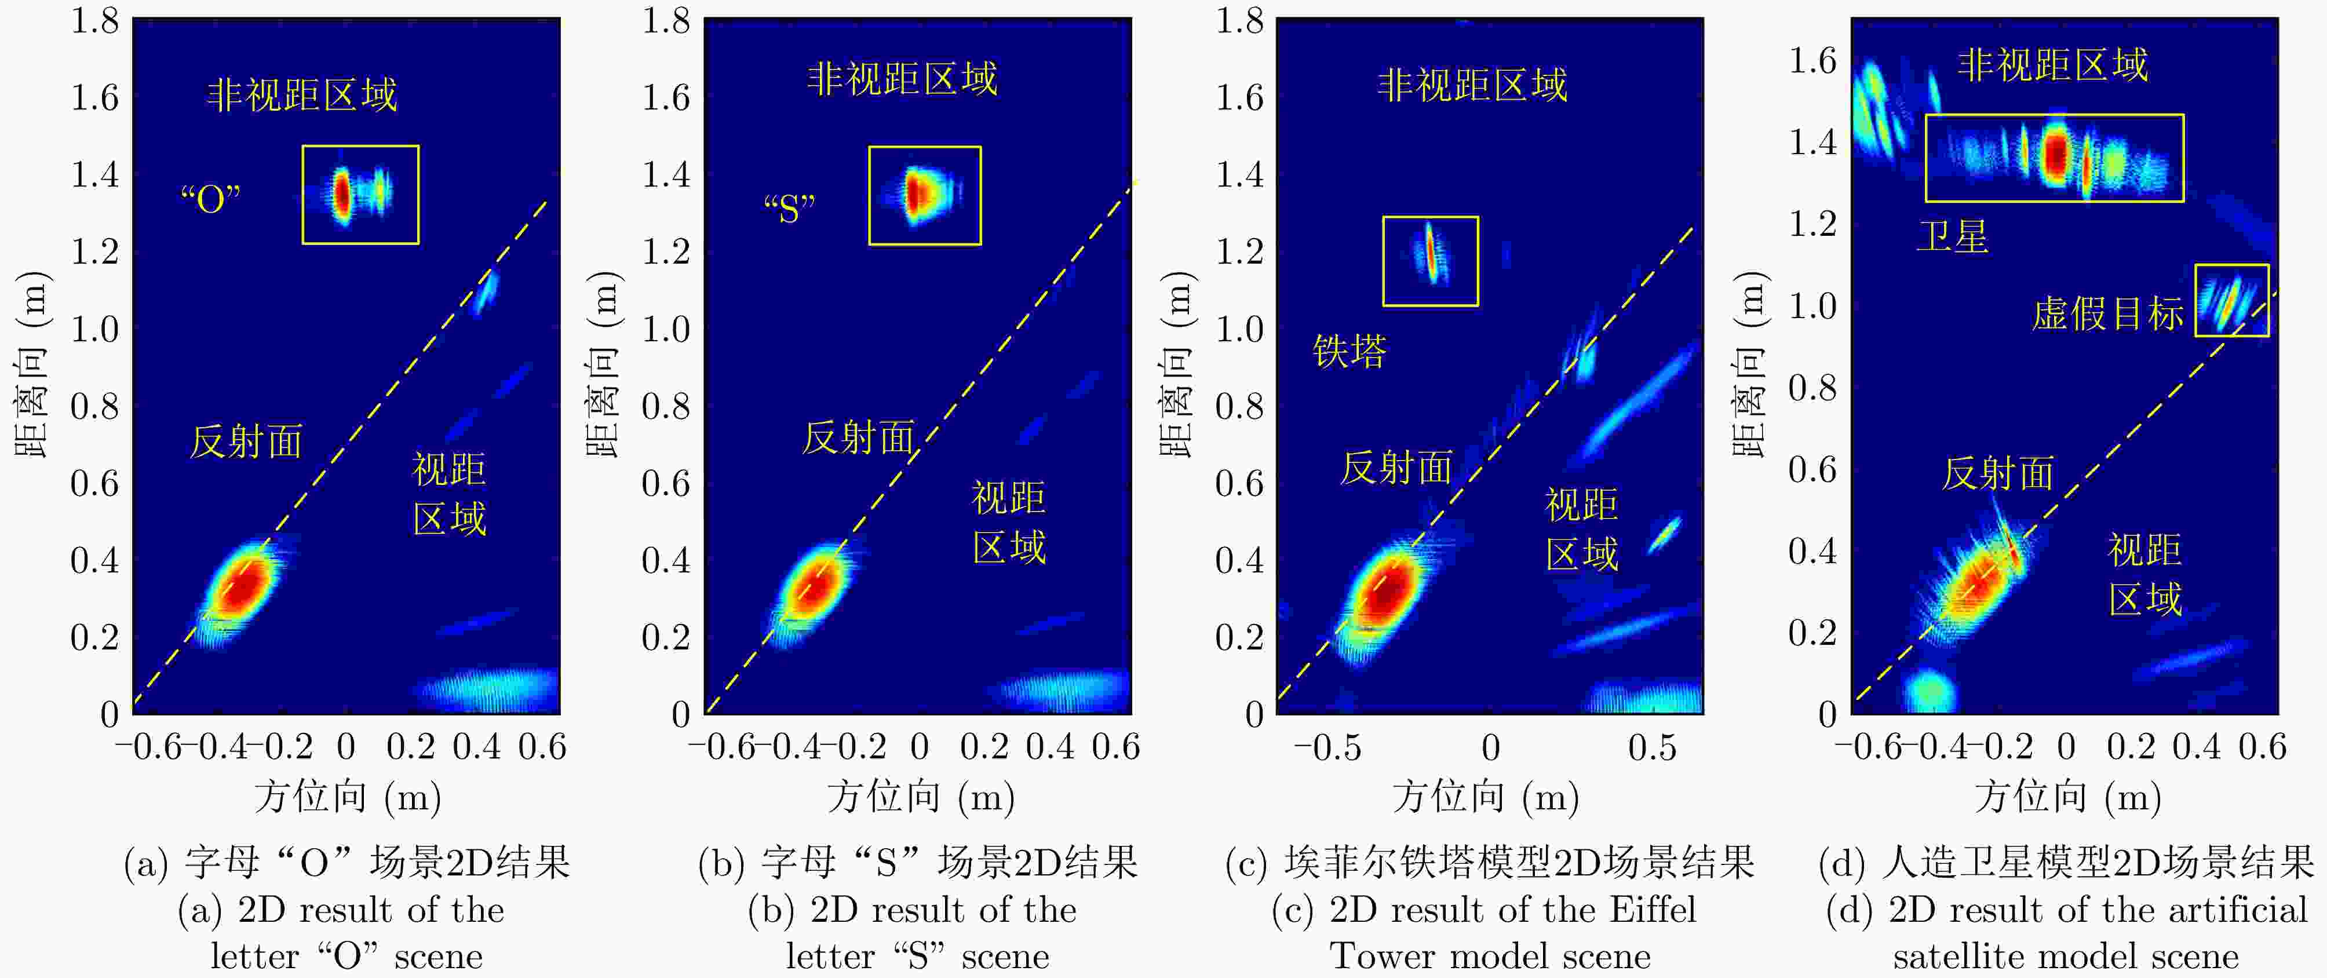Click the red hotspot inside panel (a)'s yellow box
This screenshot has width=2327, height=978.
[x=341, y=194]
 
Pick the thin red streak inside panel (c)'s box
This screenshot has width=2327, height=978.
[x=1430, y=253]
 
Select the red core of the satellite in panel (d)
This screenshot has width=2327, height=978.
[x=2056, y=154]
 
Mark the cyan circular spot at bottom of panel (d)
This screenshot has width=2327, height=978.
[x=1931, y=691]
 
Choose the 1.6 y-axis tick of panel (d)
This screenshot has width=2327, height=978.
[x=1813, y=60]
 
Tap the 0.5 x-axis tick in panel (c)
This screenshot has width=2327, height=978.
[x=1652, y=748]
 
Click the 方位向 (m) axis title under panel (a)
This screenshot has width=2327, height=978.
[x=348, y=797]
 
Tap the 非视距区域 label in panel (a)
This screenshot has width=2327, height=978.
[x=302, y=94]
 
